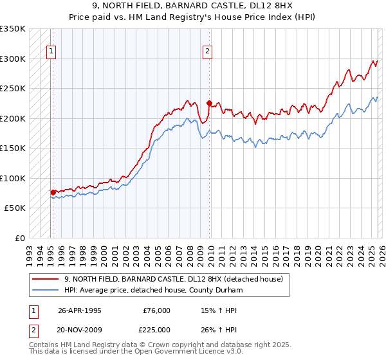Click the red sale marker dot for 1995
point(53,192)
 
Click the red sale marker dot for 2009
point(209,103)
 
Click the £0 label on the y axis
point(19,238)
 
